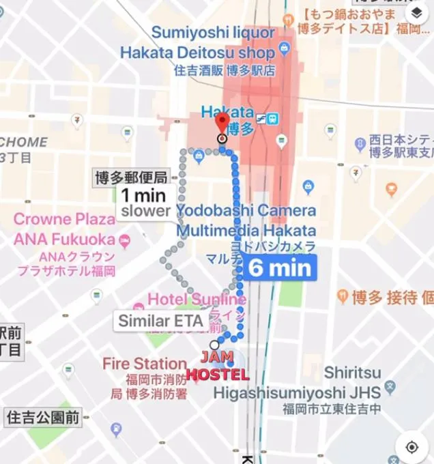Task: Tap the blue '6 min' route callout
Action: [x=279, y=267]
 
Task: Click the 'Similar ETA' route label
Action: [x=160, y=321]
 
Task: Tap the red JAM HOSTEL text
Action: [x=218, y=366]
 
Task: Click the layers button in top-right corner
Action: [x=416, y=14]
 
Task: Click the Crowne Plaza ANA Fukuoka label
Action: [x=65, y=229]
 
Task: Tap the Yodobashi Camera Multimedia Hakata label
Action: [x=246, y=220]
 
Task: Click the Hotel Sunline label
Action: [x=197, y=300]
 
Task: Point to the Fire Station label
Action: [x=144, y=364]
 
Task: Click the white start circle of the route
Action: [x=215, y=345]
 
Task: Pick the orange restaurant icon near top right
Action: [x=391, y=189]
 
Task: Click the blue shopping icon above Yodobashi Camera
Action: [x=308, y=186]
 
